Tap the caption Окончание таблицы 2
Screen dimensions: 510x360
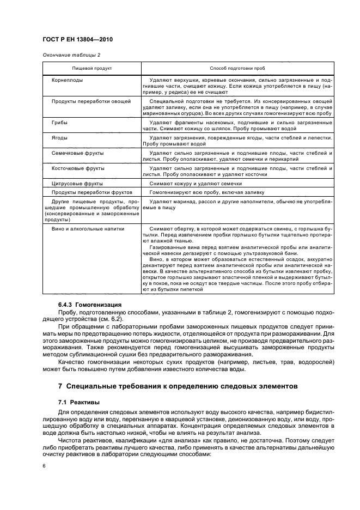(x=71, y=55)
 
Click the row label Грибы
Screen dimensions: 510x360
(x=59, y=123)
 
